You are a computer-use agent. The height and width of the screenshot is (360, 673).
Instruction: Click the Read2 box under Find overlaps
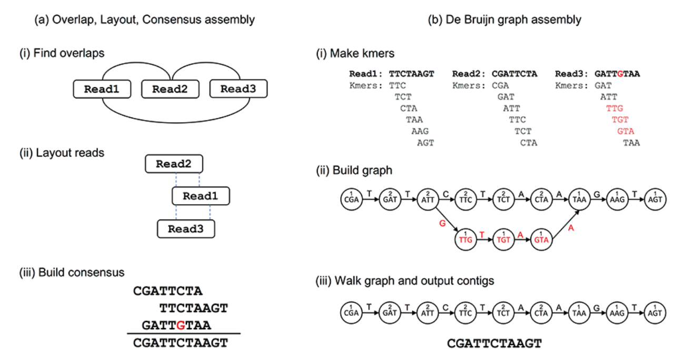point(170,89)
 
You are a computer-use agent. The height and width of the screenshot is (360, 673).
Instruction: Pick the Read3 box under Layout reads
point(186,229)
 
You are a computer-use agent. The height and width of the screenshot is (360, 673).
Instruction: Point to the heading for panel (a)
point(144,20)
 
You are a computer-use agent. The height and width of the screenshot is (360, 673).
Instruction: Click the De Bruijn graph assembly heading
point(506,20)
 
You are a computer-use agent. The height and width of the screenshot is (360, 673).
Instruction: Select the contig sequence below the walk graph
point(494,344)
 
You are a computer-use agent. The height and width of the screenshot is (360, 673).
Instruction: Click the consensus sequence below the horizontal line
point(181,343)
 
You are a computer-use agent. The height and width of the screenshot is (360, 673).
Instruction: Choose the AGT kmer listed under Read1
point(425,143)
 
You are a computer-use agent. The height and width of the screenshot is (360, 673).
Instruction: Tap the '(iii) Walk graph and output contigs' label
point(405,281)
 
